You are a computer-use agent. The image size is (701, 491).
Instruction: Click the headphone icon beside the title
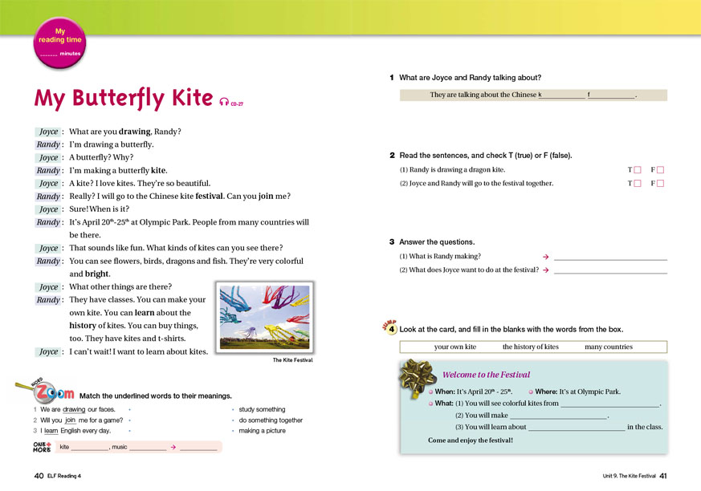pos(224,101)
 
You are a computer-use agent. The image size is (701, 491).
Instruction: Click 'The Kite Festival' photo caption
pos(292,360)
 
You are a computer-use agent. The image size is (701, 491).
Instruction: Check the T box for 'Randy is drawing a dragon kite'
pos(637,170)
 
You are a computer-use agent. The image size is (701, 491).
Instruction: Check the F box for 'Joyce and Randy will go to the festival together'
pos(662,184)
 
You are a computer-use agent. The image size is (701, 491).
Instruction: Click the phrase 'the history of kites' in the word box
pos(530,347)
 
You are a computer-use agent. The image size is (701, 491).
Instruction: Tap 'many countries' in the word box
pos(609,347)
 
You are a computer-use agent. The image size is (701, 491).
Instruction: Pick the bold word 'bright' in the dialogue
pos(97,274)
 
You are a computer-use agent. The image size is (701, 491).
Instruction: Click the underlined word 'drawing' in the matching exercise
pos(74,409)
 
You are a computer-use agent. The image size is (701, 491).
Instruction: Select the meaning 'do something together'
pos(271,420)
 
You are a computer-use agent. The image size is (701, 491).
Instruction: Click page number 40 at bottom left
pos(39,476)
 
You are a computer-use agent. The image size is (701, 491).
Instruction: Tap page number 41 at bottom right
pos(662,476)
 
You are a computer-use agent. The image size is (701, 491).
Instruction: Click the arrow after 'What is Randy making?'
pos(546,257)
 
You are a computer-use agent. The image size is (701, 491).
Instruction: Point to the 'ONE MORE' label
pos(43,446)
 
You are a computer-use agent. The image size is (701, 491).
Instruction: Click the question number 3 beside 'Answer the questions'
pos(392,241)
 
